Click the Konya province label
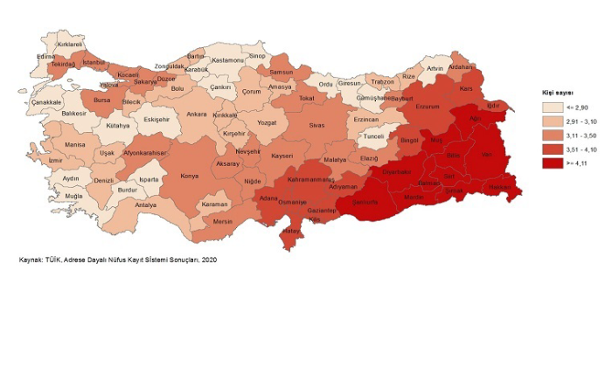(188, 176)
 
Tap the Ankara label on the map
(197, 114)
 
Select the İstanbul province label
(93, 64)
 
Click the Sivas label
(316, 126)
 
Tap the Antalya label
(146, 205)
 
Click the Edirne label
(45, 57)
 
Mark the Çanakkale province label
(45, 103)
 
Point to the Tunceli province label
(374, 137)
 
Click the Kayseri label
(282, 156)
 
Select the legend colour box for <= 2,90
(551, 107)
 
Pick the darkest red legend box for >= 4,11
(551, 163)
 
